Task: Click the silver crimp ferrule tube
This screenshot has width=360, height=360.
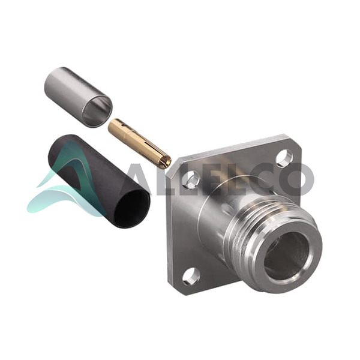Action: click(x=78, y=97)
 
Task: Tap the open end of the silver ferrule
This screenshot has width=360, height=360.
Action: click(x=98, y=112)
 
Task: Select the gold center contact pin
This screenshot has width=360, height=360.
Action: click(x=139, y=143)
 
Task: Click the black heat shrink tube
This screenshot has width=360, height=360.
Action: click(x=99, y=181)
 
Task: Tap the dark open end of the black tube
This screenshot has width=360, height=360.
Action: click(x=132, y=208)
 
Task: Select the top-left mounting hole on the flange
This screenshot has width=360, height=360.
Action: click(x=190, y=179)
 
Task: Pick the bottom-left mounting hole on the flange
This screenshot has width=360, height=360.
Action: click(x=190, y=277)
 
